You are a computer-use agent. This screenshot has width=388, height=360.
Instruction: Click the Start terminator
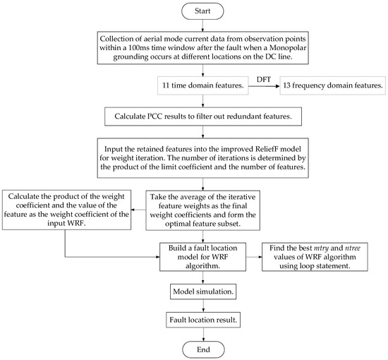202,12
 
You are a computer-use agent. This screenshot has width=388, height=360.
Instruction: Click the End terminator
202,348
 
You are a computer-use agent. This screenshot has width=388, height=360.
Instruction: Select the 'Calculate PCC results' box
202,114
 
